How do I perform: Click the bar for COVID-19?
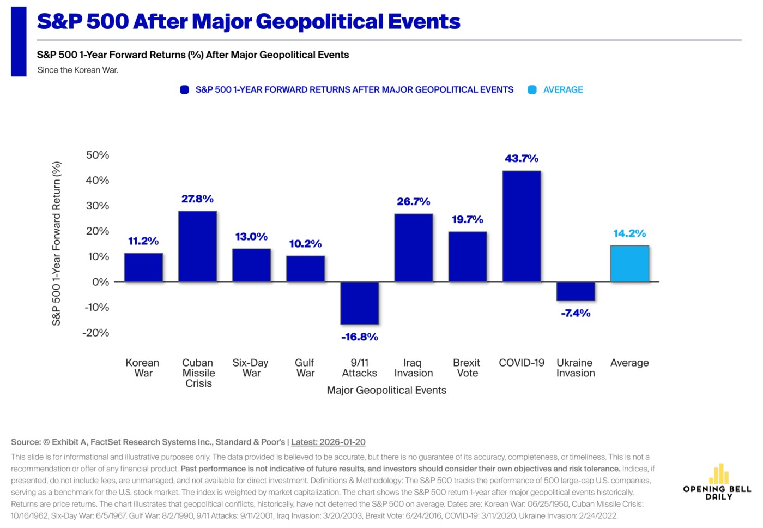(x=522, y=226)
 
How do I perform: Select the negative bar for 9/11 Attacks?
(x=360, y=303)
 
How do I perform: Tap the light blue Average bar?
(x=629, y=264)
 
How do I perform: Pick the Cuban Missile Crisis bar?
(x=197, y=247)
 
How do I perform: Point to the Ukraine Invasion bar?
(x=576, y=291)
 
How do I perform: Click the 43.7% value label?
(x=522, y=159)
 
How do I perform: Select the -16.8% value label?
(x=360, y=337)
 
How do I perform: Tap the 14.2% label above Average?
(x=629, y=233)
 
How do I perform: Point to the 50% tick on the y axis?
(x=98, y=155)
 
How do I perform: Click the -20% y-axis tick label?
(x=96, y=333)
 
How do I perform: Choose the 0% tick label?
(x=100, y=282)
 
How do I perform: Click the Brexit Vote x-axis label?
(x=467, y=368)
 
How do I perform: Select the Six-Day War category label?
(x=251, y=368)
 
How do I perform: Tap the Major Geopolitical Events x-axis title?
(x=386, y=390)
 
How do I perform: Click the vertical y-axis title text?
(x=56, y=243)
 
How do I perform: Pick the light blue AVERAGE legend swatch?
(x=532, y=90)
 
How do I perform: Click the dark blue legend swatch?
(x=184, y=90)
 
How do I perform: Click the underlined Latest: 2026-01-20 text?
(x=328, y=442)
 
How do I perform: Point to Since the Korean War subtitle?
(x=78, y=70)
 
